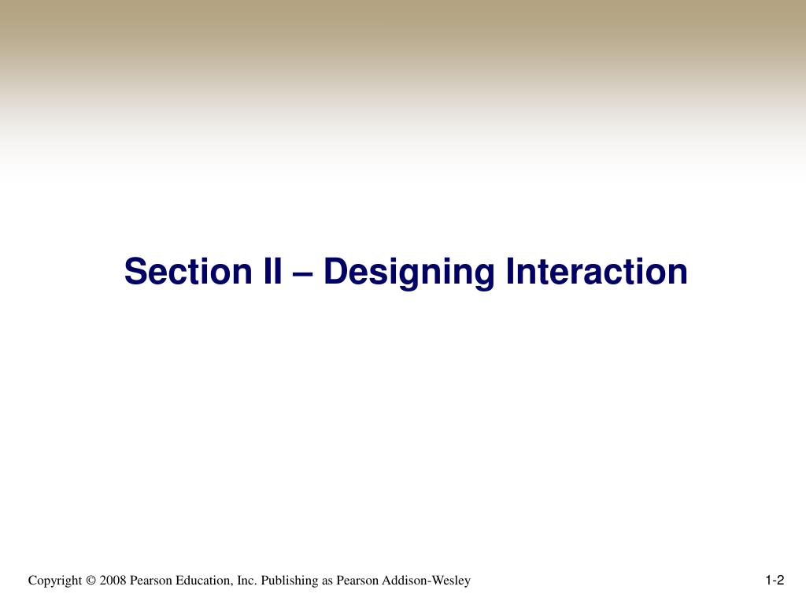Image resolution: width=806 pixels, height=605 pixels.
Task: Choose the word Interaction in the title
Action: [597, 272]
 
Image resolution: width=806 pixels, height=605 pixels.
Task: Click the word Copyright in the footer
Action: [55, 581]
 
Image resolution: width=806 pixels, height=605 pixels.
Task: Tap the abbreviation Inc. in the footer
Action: [247, 581]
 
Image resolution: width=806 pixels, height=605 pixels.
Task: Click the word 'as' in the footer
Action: [327, 581]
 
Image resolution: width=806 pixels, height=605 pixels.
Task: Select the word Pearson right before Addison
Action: [357, 581]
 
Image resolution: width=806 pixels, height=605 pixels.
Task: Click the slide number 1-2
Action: [775, 581]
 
